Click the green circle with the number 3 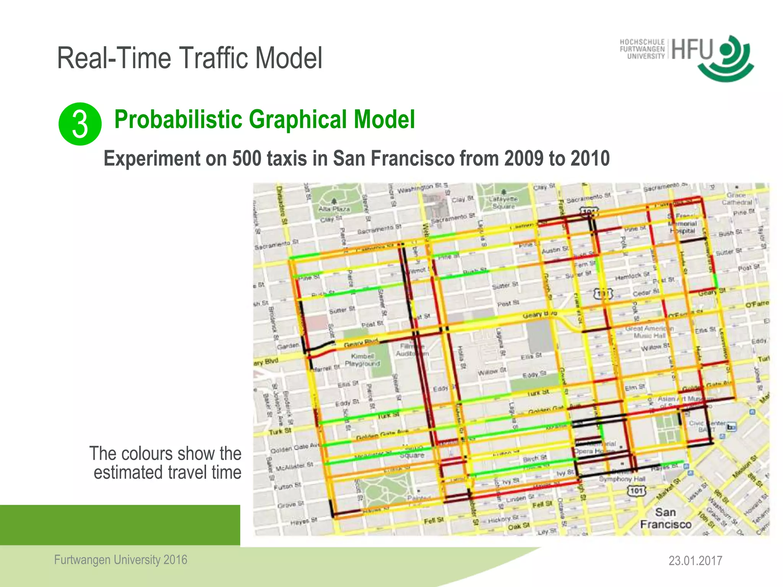pyautogui.click(x=80, y=124)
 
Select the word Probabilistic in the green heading pyautogui.click(x=178, y=119)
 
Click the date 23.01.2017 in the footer pyautogui.click(x=695, y=561)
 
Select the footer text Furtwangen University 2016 pyautogui.click(x=120, y=560)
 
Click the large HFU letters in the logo pyautogui.click(x=692, y=50)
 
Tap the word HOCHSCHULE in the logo pyautogui.click(x=642, y=42)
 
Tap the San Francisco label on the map pyautogui.click(x=666, y=518)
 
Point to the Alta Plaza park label pyautogui.click(x=334, y=209)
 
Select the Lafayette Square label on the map pyautogui.click(x=504, y=203)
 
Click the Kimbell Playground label pyautogui.click(x=362, y=360)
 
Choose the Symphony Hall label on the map pyautogui.click(x=622, y=479)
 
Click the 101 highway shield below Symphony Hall pyautogui.click(x=637, y=491)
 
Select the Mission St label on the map pyautogui.click(x=744, y=467)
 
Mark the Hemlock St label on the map pyautogui.click(x=632, y=276)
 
